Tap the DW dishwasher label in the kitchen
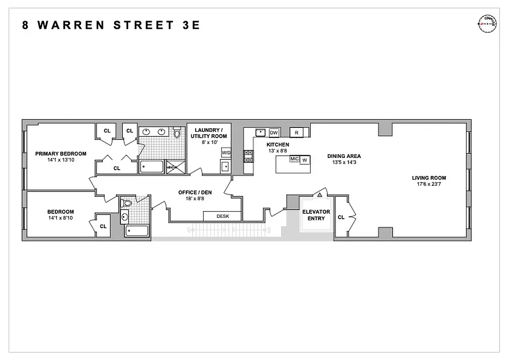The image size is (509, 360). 274,132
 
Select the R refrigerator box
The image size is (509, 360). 297,132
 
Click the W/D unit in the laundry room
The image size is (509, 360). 226,153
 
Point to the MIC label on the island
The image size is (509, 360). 295,159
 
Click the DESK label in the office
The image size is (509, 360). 223,216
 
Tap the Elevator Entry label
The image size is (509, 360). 316,215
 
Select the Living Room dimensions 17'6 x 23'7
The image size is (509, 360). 429,184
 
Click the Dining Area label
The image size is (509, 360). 344,156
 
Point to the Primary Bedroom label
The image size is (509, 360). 61,153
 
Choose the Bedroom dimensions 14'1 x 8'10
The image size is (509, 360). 61,218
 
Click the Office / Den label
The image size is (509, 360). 195,193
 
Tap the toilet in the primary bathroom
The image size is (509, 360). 177,133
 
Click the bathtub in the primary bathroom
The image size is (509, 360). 151,167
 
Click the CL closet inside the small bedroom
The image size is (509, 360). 103,226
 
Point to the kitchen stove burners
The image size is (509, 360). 248,156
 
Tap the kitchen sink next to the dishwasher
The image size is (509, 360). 260,132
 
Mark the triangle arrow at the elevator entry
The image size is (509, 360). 320,195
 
